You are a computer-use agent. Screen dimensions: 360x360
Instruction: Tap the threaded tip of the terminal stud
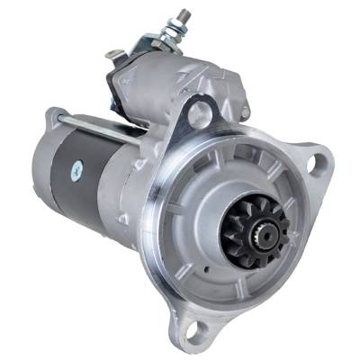click(x=183, y=15)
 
